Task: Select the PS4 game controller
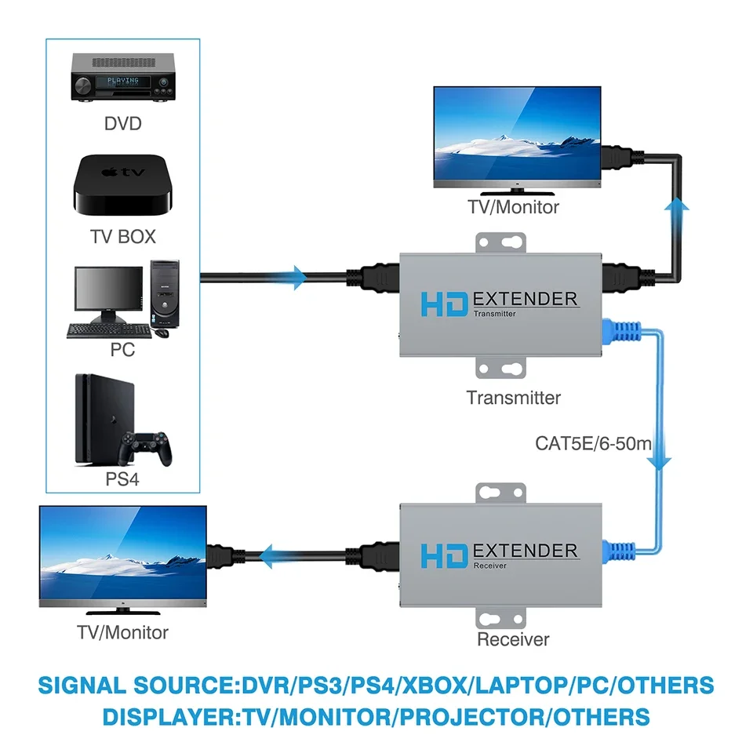(149, 446)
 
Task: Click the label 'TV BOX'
(123, 236)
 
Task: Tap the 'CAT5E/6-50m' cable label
(594, 443)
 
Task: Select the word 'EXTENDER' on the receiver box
(526, 550)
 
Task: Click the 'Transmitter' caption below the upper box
(514, 398)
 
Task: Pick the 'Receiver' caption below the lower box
(513, 639)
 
